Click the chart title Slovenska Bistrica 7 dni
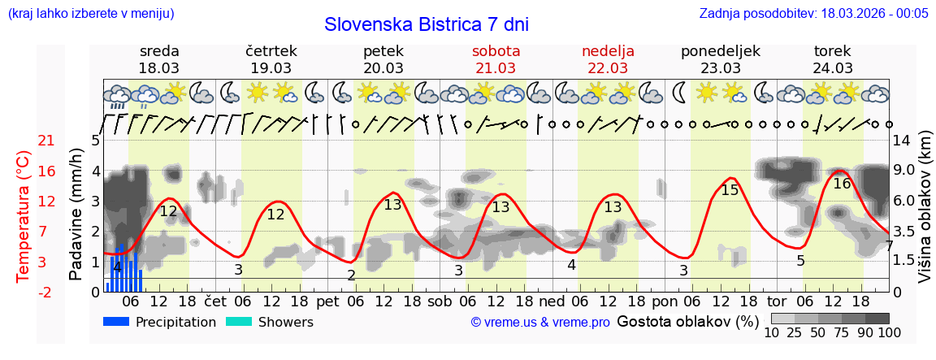[x=426, y=24]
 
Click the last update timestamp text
[x=813, y=13]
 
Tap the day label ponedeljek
[x=720, y=51]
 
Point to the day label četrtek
[x=271, y=51]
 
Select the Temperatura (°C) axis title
[x=24, y=216]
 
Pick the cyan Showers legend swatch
[x=238, y=322]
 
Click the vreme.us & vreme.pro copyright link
[x=540, y=322]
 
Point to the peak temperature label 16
[x=842, y=184]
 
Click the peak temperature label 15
[x=730, y=190]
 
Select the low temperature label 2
[x=351, y=275]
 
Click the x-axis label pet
[x=327, y=301]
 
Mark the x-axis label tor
[x=778, y=301]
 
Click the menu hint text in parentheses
[x=90, y=13]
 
